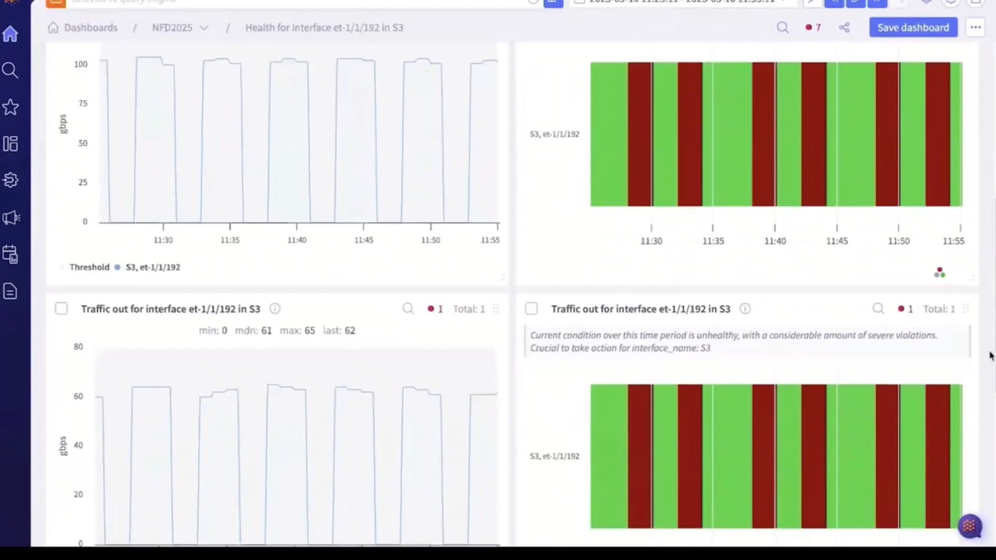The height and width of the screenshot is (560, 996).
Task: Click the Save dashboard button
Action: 913,27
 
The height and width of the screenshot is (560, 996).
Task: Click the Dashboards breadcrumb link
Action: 90,27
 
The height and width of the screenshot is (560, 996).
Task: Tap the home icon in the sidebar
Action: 10,34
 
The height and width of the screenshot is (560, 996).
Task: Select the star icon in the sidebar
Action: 10,107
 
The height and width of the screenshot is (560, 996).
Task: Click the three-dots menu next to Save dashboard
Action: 975,27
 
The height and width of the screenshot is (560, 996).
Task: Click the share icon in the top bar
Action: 844,27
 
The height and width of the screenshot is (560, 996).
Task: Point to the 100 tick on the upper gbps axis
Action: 81,64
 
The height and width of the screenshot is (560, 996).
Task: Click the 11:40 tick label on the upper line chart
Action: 297,240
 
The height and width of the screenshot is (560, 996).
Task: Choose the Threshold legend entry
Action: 89,267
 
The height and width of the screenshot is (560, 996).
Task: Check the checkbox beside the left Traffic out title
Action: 61,309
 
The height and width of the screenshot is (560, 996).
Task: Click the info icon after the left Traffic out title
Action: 275,309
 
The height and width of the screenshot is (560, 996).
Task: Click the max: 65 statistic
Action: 297,330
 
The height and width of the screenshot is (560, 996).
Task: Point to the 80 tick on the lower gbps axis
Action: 78,346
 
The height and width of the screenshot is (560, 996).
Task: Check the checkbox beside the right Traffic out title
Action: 531,309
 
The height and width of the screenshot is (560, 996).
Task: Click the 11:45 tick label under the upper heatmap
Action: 837,241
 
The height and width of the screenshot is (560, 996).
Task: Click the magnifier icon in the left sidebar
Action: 10,70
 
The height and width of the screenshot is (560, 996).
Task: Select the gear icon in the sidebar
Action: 10,180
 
